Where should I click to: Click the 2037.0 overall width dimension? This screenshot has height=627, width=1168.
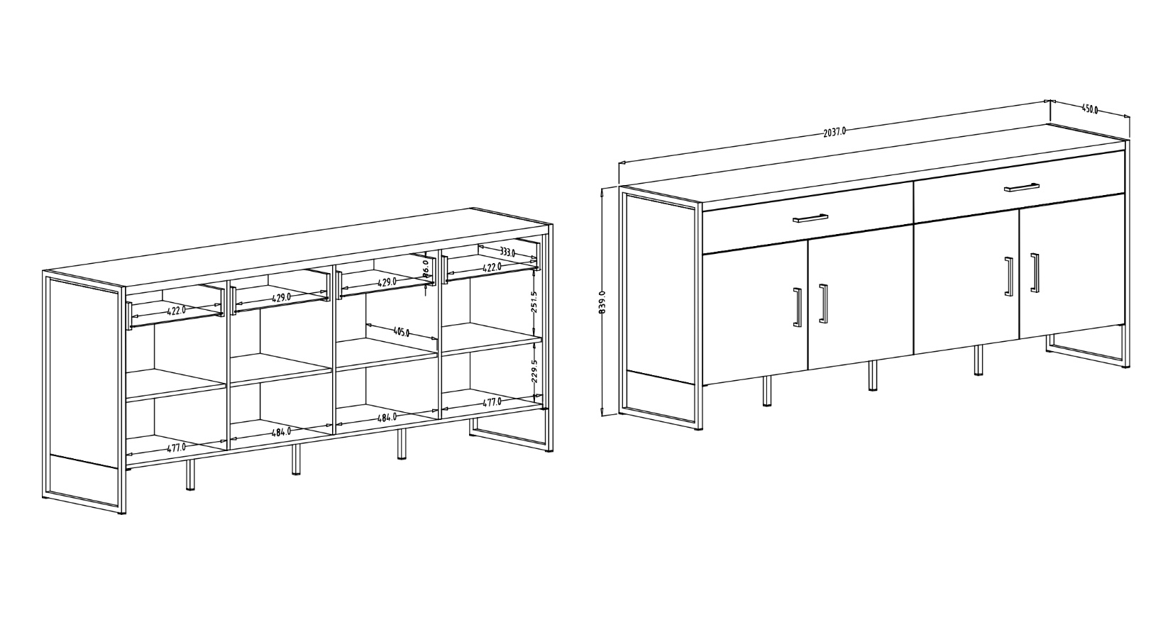tap(834, 131)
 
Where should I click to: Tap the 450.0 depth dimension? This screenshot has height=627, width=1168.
tap(1090, 109)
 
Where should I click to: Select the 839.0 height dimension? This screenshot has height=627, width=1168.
tap(602, 302)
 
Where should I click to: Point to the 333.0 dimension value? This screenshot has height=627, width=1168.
tap(507, 252)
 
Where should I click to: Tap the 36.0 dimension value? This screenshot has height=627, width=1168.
tap(426, 270)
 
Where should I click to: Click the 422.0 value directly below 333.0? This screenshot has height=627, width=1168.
tap(492, 267)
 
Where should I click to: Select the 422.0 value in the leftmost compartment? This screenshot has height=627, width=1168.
tap(176, 309)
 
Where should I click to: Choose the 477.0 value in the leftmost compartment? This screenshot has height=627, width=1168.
tap(176, 447)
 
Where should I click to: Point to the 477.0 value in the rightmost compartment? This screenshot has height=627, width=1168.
tap(492, 401)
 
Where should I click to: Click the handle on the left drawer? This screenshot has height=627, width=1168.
tap(810, 218)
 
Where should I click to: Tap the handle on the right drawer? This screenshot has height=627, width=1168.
tap(1022, 187)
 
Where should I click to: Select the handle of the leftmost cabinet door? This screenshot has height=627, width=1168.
tap(797, 307)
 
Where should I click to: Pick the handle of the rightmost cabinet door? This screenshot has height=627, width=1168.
tap(1035, 272)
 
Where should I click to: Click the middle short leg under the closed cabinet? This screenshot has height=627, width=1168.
tap(872, 376)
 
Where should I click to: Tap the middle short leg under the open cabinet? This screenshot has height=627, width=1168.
tap(296, 460)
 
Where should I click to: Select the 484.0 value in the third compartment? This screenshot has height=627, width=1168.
tap(387, 418)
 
